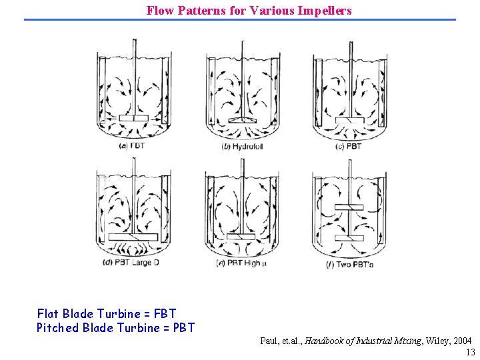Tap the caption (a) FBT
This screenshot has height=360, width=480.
[x=132, y=147]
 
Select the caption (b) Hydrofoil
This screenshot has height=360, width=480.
[x=243, y=147]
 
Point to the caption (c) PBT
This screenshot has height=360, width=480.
[x=349, y=147]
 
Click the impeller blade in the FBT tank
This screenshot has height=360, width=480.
[x=132, y=119]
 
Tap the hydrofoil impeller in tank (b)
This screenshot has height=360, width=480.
[x=242, y=120]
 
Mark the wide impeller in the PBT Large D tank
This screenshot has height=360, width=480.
[x=133, y=237]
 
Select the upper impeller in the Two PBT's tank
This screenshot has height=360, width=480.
[x=349, y=207]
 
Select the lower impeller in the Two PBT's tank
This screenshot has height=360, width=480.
[x=349, y=238]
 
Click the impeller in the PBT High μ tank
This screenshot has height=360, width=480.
[x=241, y=237]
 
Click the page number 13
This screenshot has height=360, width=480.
[x=471, y=352]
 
